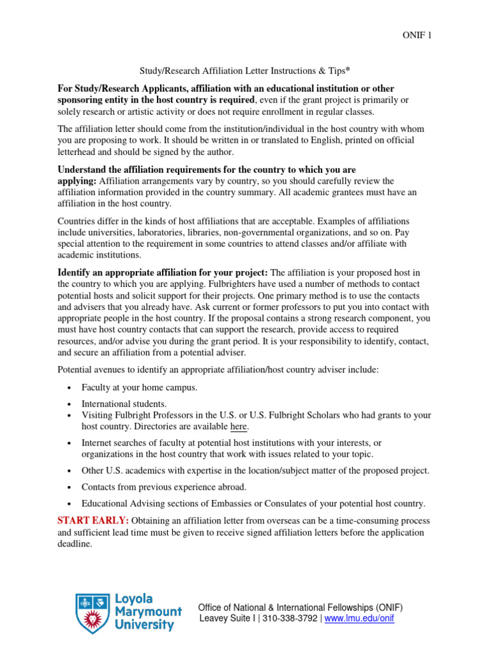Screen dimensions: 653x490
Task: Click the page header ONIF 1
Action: tap(417, 36)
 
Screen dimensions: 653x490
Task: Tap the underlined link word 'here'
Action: tap(239, 426)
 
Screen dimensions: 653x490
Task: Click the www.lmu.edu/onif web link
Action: tap(359, 619)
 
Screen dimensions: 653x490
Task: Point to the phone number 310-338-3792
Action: tap(290, 619)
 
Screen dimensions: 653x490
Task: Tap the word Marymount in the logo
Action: tap(149, 612)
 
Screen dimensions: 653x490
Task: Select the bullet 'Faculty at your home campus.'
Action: tap(139, 387)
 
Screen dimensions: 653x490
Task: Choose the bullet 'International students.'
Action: tap(124, 404)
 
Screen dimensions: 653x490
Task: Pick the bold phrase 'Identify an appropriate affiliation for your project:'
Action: tap(163, 273)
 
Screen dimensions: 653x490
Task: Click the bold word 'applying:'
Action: tap(77, 182)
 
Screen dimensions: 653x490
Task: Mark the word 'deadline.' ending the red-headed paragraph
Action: tap(75, 544)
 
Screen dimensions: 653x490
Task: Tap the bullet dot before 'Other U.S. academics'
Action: tap(69, 471)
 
